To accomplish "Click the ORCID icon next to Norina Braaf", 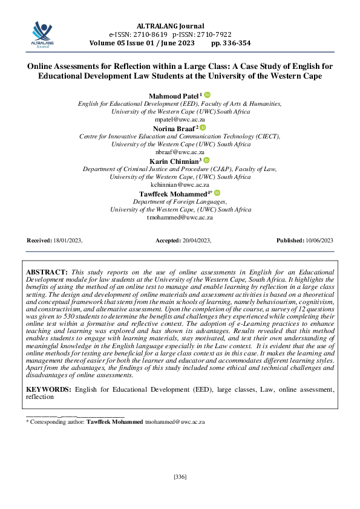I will coord(203,128).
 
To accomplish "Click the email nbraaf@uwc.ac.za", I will coord(180,152).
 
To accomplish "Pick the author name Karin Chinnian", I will coord(176,161).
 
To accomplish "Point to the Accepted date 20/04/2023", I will coord(195,241).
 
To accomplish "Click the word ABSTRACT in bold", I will coord(47,273).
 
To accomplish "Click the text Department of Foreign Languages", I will coord(180,201).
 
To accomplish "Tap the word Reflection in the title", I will coord(130,66).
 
